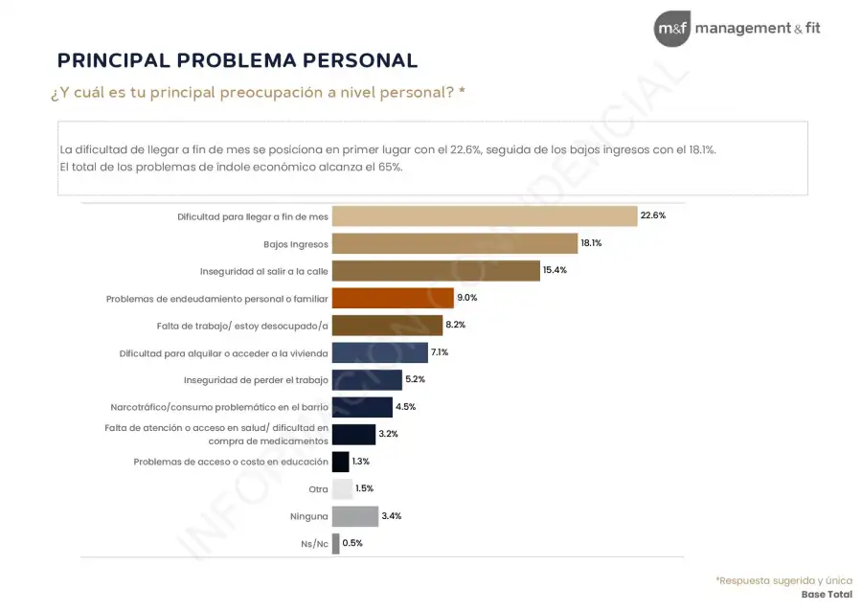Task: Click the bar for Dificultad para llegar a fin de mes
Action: pos(484,216)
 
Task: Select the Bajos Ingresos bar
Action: pos(454,243)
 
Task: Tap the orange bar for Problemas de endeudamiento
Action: pos(393,298)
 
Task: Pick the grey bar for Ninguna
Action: pos(354,516)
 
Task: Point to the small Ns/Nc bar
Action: pos(335,543)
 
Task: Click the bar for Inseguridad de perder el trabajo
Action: pos(367,380)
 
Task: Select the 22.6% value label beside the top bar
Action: pos(652,216)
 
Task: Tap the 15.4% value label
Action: pos(555,271)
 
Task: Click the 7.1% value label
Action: pos(440,352)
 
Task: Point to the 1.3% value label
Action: pos(360,462)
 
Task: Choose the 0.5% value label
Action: pos(352,543)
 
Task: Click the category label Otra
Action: pos(317,489)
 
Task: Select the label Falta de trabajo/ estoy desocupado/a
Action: pos(241,326)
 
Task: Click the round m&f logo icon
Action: pos(671,29)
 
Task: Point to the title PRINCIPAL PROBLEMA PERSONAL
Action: pos(238,60)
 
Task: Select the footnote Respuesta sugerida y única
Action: pos(783,580)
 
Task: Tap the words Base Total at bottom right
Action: pos(827,595)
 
